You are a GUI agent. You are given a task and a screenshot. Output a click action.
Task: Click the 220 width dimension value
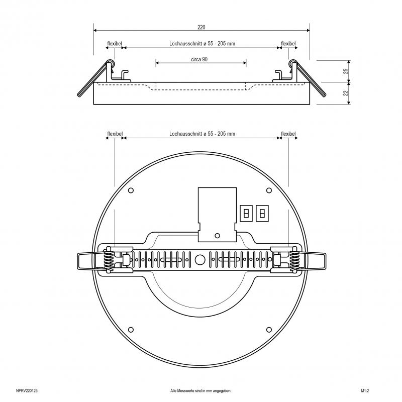click(x=202, y=27)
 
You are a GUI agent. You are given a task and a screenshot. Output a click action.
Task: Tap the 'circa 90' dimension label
click(x=199, y=59)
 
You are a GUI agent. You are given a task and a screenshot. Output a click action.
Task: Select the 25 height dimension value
click(x=346, y=71)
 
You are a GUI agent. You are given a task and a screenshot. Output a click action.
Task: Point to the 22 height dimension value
click(x=346, y=93)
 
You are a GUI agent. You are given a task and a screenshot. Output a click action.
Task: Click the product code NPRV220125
click(x=27, y=391)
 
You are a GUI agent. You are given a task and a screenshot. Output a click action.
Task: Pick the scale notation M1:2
click(x=365, y=391)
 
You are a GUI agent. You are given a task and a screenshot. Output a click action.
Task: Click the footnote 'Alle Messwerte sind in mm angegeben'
click(x=200, y=391)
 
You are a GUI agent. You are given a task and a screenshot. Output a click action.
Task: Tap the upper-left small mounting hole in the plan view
click(x=131, y=190)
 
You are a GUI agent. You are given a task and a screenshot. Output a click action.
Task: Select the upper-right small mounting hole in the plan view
click(x=269, y=190)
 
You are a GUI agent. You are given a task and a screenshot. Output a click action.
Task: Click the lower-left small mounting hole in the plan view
click(x=131, y=330)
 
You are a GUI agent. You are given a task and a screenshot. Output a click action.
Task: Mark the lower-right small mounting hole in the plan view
click(x=269, y=330)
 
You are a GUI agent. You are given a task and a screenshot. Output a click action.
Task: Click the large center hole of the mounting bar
click(x=200, y=260)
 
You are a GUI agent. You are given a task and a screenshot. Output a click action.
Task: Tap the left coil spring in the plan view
click(x=109, y=260)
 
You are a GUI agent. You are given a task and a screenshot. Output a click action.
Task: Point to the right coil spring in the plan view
click(x=294, y=260)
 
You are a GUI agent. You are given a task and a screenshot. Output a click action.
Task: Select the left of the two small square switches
click(x=246, y=213)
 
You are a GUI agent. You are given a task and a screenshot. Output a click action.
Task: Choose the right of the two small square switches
click(x=262, y=213)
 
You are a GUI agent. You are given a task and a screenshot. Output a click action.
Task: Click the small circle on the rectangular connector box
click(x=217, y=235)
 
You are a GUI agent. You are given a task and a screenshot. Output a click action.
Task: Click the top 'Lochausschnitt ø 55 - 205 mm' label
click(x=203, y=44)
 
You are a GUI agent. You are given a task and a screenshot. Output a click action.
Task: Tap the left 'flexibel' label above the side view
click(x=115, y=44)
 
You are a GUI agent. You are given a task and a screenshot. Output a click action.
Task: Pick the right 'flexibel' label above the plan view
click(x=288, y=134)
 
